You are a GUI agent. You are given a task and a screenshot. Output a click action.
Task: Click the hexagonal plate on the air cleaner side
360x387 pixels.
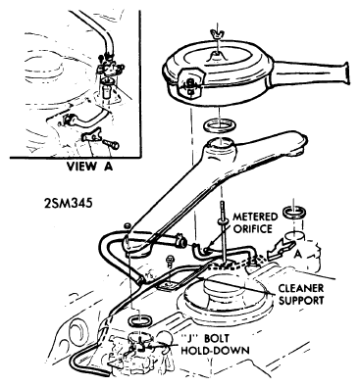point(190,84)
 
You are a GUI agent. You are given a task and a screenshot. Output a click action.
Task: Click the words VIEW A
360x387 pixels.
point(89,167)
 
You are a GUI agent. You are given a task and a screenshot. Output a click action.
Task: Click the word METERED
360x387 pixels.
point(255,217)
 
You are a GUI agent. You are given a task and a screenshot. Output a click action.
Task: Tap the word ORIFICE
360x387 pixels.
point(252,229)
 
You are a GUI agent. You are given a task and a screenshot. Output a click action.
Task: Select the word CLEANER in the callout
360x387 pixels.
point(301,288)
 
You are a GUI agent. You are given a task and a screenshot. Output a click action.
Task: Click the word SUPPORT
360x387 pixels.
point(301,300)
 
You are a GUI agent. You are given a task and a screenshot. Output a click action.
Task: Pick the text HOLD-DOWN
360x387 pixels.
point(215,351)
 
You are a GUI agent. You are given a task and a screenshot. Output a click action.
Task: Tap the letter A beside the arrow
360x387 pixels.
point(296,255)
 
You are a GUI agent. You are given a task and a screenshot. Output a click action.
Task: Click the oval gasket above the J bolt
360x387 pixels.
point(140,319)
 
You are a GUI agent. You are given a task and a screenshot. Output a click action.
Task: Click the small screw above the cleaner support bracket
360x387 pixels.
point(170,261)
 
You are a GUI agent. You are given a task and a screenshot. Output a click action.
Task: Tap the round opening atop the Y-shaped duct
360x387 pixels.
point(220,142)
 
